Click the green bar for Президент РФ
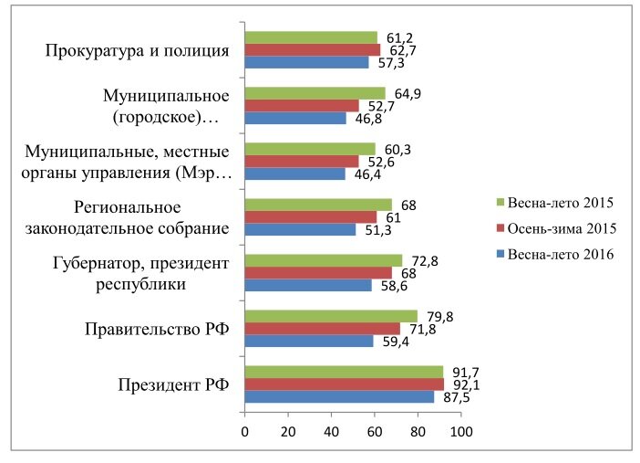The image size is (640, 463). click(x=344, y=372)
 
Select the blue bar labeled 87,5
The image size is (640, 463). click(x=339, y=396)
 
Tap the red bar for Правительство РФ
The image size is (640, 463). click(x=322, y=328)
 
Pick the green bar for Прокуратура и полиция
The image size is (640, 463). click(x=311, y=37)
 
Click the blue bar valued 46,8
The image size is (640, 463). click(x=295, y=118)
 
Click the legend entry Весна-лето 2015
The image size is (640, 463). click(x=559, y=201)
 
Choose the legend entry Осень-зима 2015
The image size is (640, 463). click(x=559, y=227)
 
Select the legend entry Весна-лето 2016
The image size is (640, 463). click(x=559, y=254)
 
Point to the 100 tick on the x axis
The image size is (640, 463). click(x=461, y=430)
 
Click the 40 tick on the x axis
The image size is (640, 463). click(x=331, y=430)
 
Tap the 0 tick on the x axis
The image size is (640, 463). click(x=244, y=430)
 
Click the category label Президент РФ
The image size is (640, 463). click(x=174, y=384)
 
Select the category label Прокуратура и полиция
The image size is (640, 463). click(x=137, y=49)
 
